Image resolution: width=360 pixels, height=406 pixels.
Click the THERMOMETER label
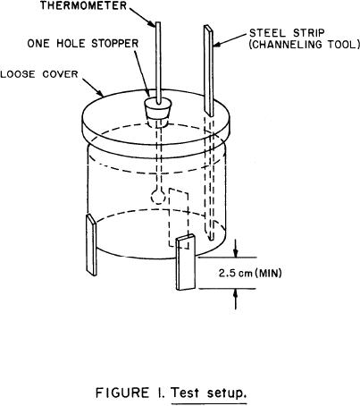[x=84, y=5]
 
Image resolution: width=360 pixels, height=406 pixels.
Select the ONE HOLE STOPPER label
[x=83, y=44]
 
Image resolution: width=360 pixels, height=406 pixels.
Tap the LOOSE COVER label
[x=39, y=74]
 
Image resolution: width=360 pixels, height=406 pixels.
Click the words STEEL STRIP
[x=287, y=33]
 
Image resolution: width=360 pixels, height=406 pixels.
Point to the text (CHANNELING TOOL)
[x=304, y=45]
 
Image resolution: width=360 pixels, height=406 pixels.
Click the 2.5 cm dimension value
[x=236, y=273]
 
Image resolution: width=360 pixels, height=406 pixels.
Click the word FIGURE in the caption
[x=122, y=393]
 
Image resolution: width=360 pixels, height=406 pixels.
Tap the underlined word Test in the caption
[x=185, y=393]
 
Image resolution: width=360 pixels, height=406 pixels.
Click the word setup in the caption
[x=227, y=393]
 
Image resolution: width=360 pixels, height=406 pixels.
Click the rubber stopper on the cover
[x=157, y=110]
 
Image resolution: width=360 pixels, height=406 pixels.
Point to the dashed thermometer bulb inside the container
[x=158, y=197]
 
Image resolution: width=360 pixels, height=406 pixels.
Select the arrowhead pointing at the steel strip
[x=217, y=45]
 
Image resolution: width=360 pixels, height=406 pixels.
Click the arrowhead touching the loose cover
[x=100, y=93]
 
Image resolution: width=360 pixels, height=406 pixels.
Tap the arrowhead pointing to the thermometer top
[x=151, y=23]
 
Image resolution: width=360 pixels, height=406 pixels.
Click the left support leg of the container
[x=91, y=245]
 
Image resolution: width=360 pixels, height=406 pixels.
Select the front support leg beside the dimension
[x=186, y=262]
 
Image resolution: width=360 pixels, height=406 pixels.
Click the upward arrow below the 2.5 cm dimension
[x=236, y=300]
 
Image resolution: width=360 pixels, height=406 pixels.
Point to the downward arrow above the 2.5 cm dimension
[x=236, y=248]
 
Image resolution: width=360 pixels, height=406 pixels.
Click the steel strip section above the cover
[x=209, y=71]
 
